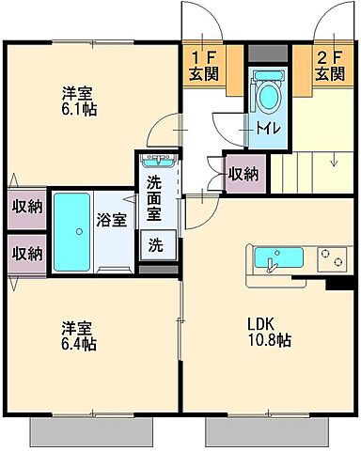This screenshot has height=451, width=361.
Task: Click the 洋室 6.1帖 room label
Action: tap(79, 101)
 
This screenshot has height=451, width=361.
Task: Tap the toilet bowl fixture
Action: tap(267, 96)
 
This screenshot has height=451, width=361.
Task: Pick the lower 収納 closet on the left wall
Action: tap(26, 252)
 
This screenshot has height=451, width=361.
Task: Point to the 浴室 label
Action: tap(111, 221)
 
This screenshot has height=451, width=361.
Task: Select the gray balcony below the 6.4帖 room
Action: tap(92, 431)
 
